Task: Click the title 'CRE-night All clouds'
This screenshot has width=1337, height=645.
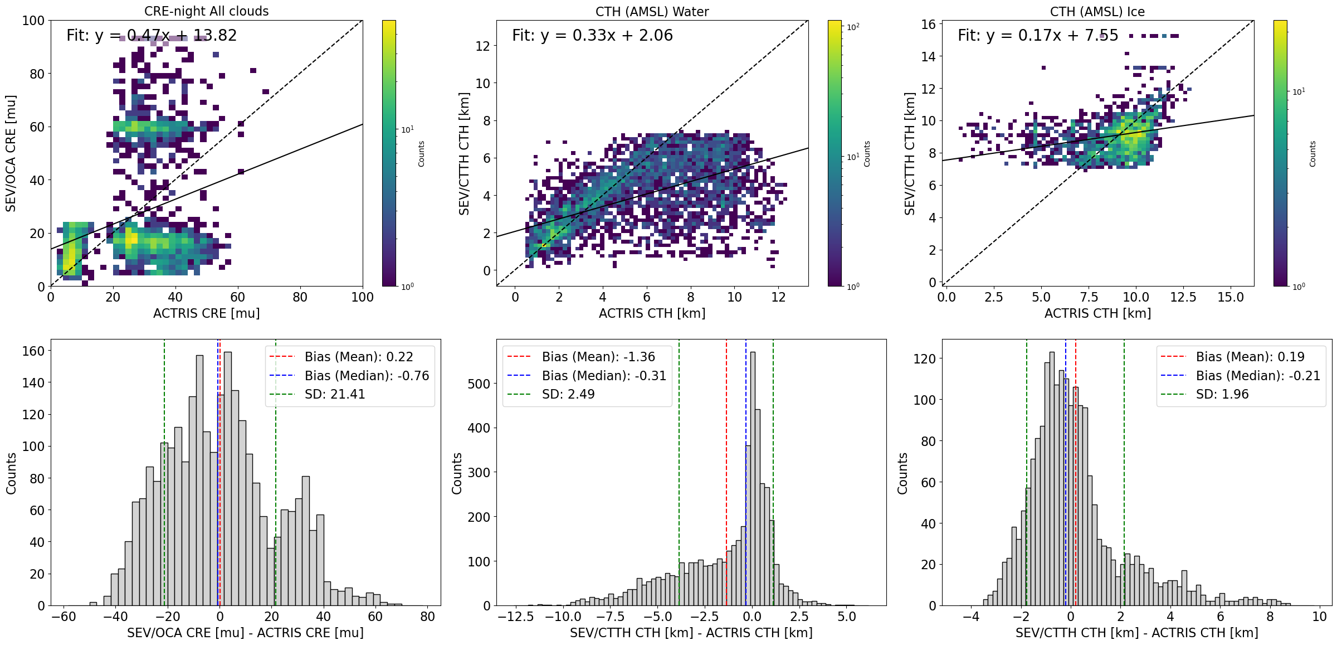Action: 206,11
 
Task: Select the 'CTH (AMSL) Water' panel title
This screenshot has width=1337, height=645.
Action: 652,12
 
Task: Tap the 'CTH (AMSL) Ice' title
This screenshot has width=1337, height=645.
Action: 1097,12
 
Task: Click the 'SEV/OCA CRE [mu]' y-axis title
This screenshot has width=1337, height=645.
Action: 11,153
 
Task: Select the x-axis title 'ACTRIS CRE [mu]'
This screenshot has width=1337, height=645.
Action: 206,313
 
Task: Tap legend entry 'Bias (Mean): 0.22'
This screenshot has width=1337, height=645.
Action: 359,357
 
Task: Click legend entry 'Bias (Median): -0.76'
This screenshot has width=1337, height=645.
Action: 367,376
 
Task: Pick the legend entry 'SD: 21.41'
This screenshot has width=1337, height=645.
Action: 335,394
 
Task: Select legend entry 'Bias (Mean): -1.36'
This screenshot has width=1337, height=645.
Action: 598,357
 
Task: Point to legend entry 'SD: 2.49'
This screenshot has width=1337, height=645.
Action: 568,394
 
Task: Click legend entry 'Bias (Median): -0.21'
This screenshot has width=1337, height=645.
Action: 1258,376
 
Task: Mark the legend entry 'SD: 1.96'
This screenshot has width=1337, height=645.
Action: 1222,394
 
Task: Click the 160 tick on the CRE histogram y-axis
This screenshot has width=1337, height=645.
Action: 33,351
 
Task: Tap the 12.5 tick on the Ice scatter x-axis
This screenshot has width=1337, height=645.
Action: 1183,297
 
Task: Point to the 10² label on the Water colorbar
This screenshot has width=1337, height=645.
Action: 853,27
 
